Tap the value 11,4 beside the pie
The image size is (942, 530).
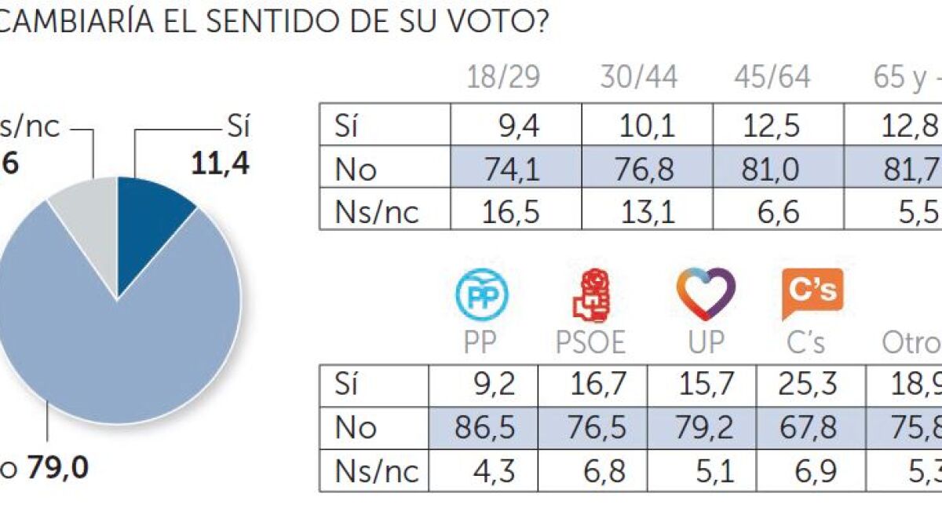click(x=220, y=165)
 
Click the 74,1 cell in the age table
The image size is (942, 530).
click(x=514, y=170)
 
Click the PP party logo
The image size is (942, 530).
click(x=482, y=294)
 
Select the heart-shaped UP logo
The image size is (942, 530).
click(x=706, y=293)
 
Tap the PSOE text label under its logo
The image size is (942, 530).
click(x=590, y=343)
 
